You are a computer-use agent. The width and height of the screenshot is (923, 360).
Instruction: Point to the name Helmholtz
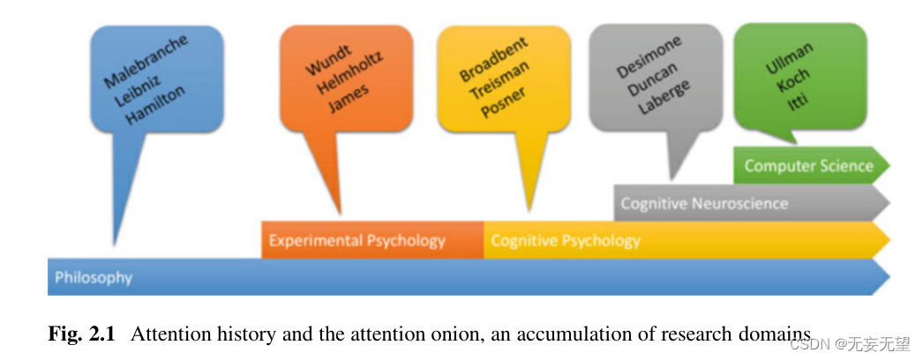[342, 77]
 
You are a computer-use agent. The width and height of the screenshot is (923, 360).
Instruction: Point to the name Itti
[799, 94]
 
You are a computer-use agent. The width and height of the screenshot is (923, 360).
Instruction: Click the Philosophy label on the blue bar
[94, 278]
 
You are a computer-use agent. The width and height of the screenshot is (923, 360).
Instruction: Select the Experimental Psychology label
[356, 241]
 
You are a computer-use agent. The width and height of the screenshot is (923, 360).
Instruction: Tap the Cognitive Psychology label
[565, 241]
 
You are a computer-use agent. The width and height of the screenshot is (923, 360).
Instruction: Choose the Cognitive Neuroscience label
[703, 204]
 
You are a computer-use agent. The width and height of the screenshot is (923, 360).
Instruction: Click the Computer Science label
[808, 166]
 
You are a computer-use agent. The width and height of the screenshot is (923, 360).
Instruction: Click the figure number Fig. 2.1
[81, 334]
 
